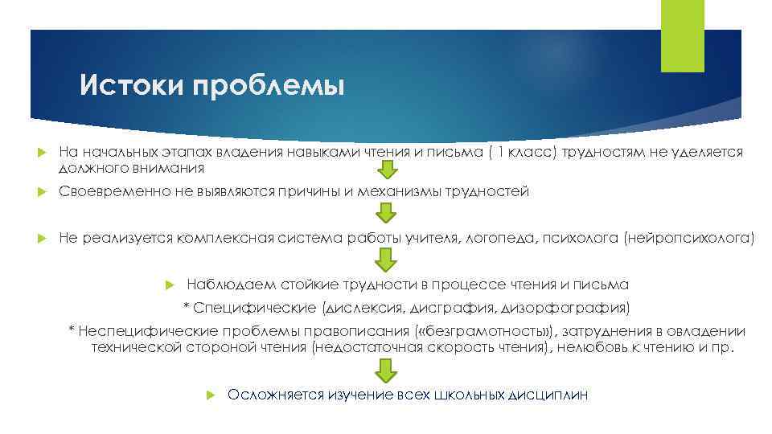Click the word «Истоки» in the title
pos(132,84)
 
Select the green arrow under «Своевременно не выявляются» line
pos(387,213)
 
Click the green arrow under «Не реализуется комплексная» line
pos(387,259)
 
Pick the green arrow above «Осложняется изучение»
pos(387,370)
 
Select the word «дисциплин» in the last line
pos(549,395)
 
